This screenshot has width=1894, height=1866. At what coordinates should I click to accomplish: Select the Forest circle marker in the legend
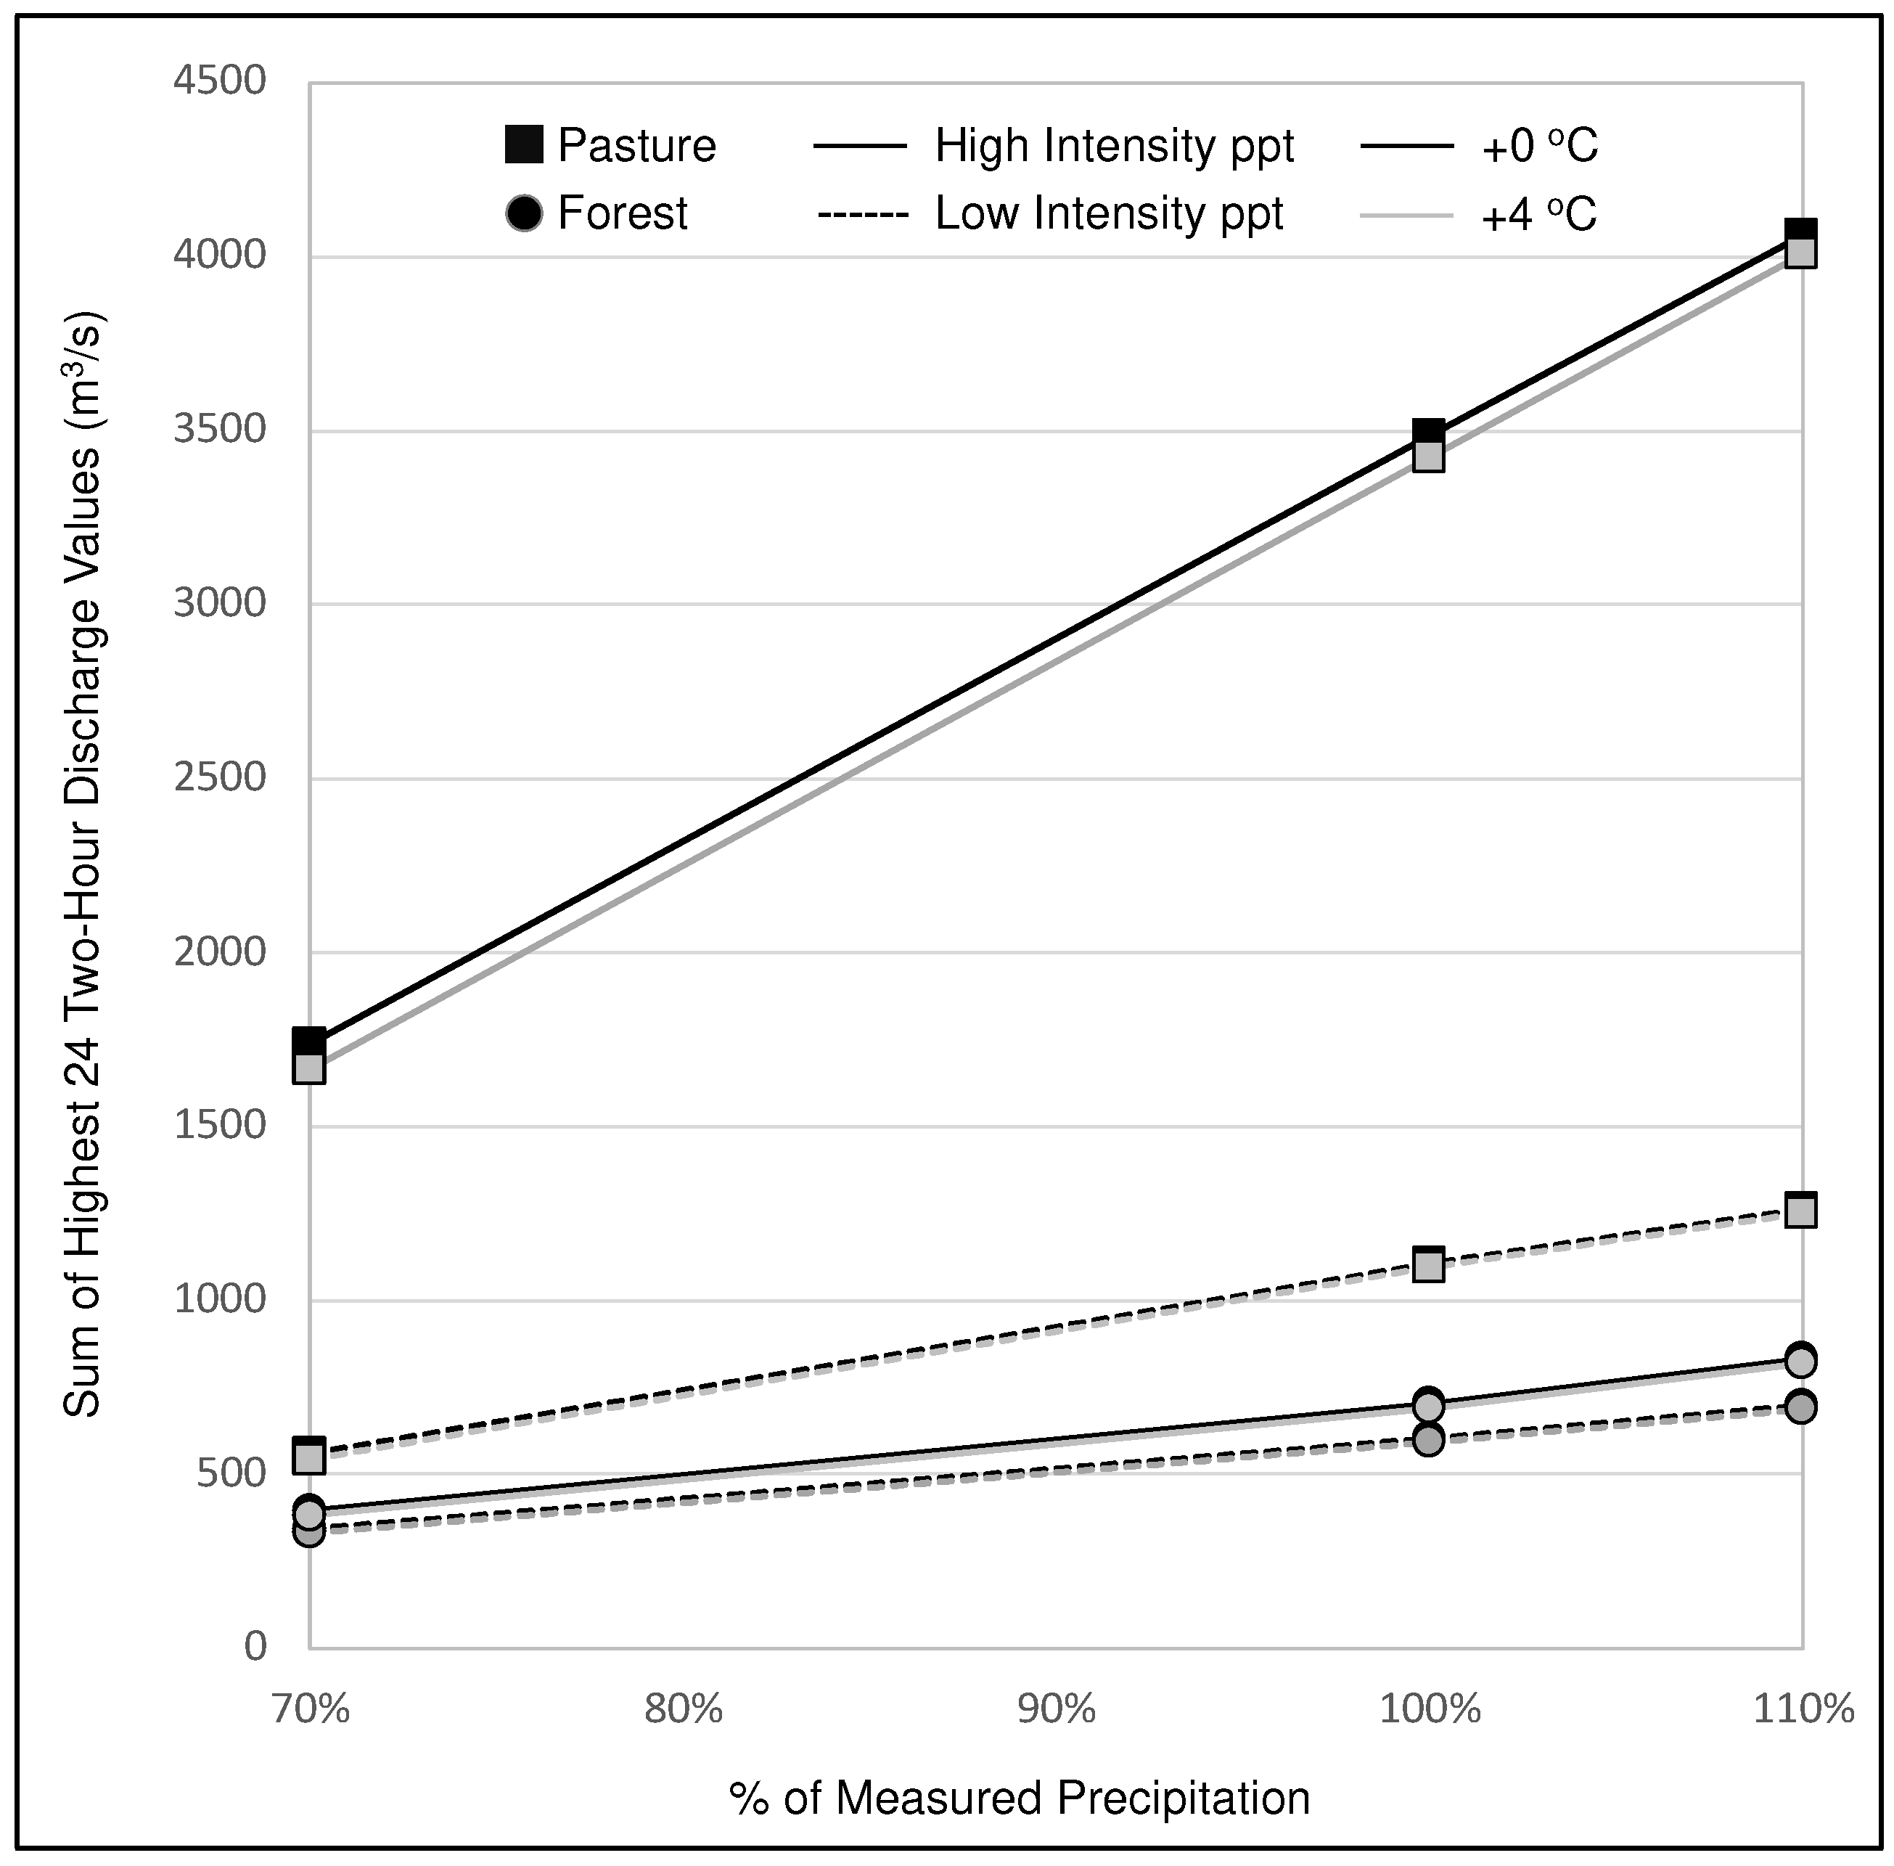click(524, 213)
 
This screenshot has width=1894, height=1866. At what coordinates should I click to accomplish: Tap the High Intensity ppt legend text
click(1114, 146)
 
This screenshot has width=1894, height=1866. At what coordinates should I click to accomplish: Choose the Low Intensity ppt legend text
click(1108, 213)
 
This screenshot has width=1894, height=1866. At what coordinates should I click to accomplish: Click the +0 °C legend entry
click(1538, 146)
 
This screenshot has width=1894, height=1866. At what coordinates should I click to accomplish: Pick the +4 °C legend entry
click(1538, 213)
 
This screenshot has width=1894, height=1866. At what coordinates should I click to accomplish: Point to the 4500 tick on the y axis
click(219, 81)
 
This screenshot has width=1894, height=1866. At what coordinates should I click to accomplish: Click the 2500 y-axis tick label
click(219, 778)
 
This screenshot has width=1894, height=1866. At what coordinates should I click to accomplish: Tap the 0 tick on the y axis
click(255, 1647)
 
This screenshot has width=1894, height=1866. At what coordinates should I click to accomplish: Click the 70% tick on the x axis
click(310, 1710)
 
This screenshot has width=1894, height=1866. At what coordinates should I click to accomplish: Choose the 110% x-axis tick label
click(1803, 1710)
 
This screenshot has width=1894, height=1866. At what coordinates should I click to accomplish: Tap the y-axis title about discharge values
click(83, 862)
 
